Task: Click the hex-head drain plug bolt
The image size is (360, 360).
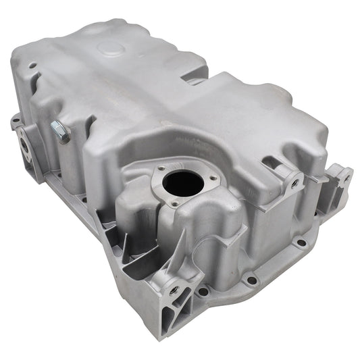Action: coord(60,132)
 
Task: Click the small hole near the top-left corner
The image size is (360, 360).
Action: coord(32,66)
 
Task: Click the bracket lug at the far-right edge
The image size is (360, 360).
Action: coord(344,178)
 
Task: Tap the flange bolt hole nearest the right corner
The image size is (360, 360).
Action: coord(301,242)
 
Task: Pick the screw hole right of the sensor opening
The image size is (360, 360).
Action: coord(213,179)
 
